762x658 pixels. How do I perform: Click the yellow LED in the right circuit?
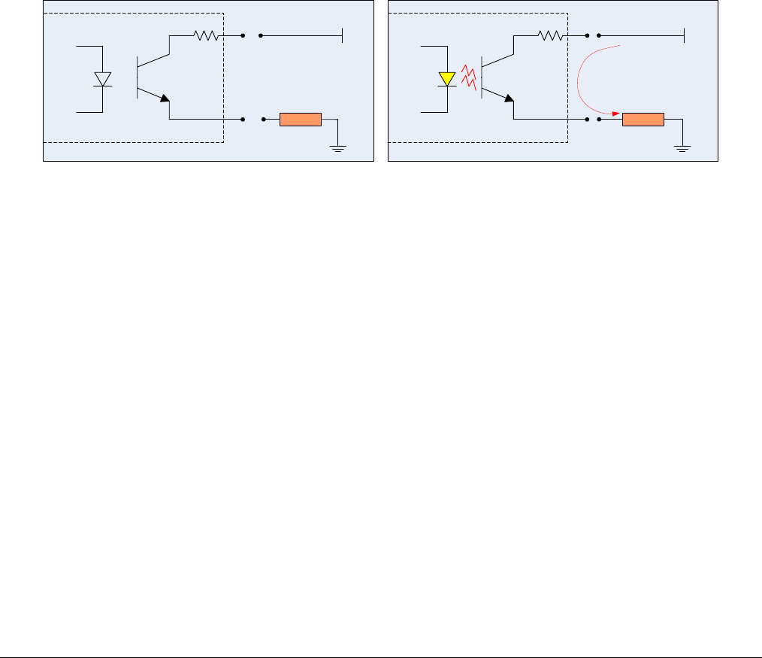[446, 78]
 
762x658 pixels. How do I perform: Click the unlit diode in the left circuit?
[102, 78]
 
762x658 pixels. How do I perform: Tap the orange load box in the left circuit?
[300, 120]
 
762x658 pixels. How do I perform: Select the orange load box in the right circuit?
[643, 120]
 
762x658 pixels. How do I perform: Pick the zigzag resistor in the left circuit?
[205, 35]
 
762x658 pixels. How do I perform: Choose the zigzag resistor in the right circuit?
[549, 35]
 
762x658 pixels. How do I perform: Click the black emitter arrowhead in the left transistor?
[165, 99]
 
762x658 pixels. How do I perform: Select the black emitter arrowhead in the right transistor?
[509, 99]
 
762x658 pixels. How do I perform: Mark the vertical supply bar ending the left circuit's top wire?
[343, 35]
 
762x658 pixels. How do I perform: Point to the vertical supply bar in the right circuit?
[684, 35]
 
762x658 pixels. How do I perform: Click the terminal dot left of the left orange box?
[263, 120]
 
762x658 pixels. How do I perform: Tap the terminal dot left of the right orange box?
[598, 120]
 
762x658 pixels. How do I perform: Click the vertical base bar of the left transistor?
[138, 77]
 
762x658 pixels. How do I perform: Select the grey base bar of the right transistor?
[481, 77]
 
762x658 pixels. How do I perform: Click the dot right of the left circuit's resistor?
[243, 35]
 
